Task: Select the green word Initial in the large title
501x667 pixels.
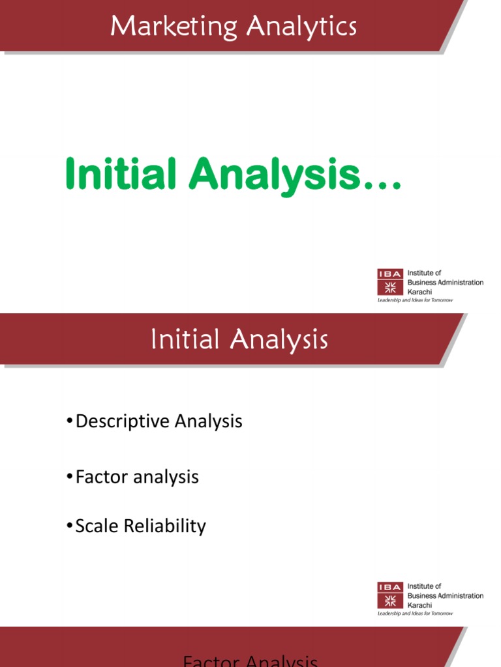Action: pyautogui.click(x=121, y=175)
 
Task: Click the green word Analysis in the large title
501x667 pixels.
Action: pyautogui.click(x=274, y=175)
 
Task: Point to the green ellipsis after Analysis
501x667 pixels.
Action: pyautogui.click(x=382, y=186)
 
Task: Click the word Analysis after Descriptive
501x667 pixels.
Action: pyautogui.click(x=208, y=421)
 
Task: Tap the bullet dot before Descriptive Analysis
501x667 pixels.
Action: pyautogui.click(x=69, y=422)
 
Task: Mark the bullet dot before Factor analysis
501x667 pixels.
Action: pyautogui.click(x=69, y=477)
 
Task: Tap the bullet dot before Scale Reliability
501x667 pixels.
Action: pyautogui.click(x=69, y=526)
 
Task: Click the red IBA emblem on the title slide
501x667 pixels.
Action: pyautogui.click(x=391, y=283)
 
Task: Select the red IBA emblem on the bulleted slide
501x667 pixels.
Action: pyautogui.click(x=391, y=595)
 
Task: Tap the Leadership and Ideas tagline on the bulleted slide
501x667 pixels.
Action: pyautogui.click(x=415, y=614)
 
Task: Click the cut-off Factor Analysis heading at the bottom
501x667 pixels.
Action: pyautogui.click(x=250, y=661)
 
